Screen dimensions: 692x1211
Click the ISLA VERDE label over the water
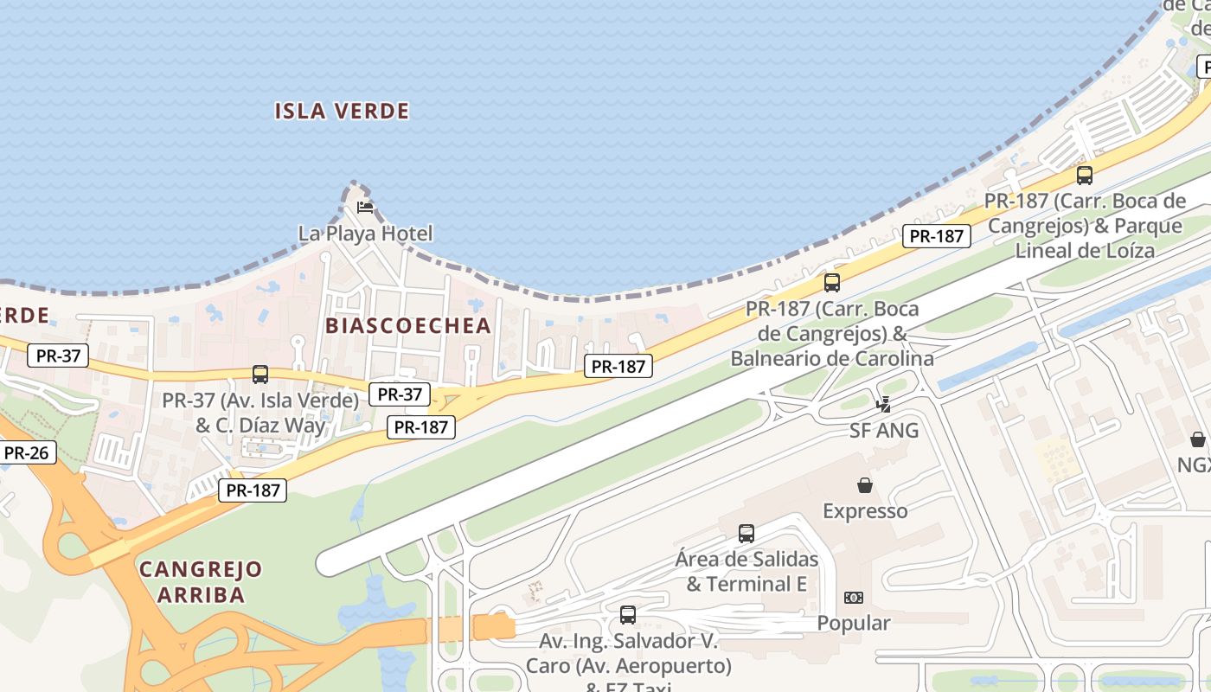[342, 111]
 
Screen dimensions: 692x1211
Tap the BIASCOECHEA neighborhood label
[408, 325]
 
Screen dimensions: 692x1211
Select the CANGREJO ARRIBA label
[201, 581]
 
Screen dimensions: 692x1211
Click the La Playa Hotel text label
[365, 234]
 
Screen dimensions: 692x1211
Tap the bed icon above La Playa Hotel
[365, 208]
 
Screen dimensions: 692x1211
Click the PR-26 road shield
[29, 452]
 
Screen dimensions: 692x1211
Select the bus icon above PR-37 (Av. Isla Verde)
[260, 375]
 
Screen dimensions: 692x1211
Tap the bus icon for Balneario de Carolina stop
[832, 283]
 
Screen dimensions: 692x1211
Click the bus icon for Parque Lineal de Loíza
[1085, 176]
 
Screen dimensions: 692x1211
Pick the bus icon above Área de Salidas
[746, 534]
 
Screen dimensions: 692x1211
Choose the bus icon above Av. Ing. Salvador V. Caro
[628, 615]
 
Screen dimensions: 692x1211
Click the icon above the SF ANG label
[884, 404]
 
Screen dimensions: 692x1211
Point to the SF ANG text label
[884, 430]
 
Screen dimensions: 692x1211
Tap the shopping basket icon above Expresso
[865, 485]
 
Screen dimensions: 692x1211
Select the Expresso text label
[865, 511]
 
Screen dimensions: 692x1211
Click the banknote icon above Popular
[854, 598]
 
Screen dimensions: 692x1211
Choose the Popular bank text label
[854, 623]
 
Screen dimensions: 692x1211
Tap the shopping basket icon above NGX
[1198, 439]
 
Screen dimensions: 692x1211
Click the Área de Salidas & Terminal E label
[746, 571]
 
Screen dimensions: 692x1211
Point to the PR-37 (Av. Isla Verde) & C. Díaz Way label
[260, 413]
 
